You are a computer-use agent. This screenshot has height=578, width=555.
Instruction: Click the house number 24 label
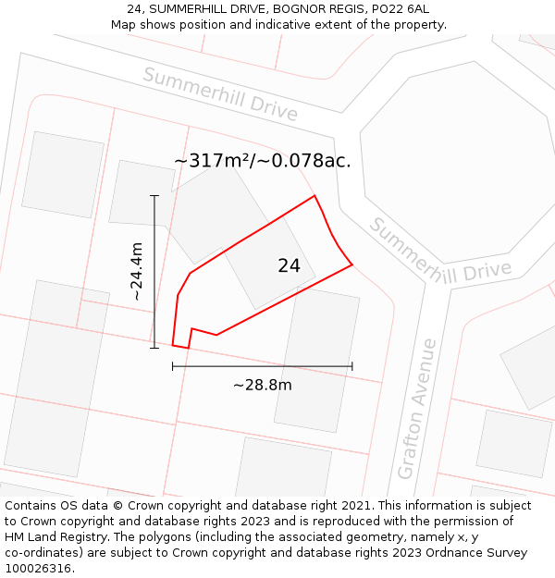(x=289, y=266)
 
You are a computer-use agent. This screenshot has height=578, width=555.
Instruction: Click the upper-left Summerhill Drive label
(x=220, y=94)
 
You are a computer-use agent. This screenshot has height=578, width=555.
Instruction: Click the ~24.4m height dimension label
(x=137, y=271)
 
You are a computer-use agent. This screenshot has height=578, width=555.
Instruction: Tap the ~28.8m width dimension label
(x=262, y=386)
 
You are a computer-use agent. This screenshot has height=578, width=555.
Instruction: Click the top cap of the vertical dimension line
(x=154, y=196)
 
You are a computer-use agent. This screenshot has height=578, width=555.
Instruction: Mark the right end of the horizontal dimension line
(x=352, y=366)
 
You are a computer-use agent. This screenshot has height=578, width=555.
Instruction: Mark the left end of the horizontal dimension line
(x=173, y=366)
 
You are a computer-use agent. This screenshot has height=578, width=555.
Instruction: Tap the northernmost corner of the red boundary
(x=314, y=195)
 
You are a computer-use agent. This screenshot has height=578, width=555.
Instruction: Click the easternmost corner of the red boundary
(x=352, y=265)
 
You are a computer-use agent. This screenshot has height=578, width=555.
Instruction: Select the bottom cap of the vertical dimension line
(x=154, y=348)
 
